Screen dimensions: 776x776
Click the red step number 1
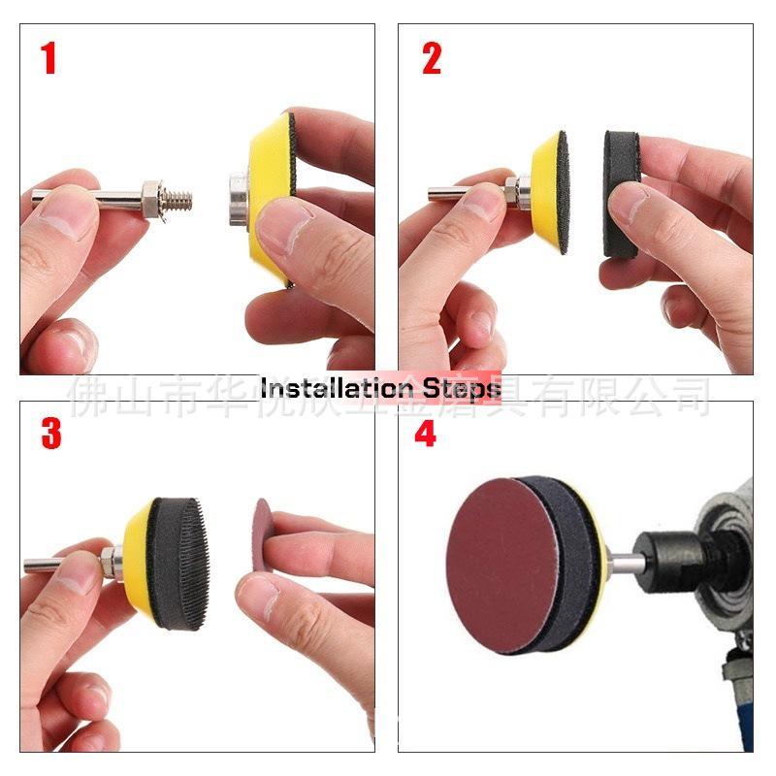[48, 58]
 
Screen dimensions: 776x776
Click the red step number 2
[432, 58]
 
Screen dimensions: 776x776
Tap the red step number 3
[50, 434]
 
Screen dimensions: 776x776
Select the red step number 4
[426, 434]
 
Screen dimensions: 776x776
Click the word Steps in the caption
[462, 389]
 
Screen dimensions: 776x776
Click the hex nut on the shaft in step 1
[150, 199]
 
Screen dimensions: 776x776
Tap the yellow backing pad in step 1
[260, 165]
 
